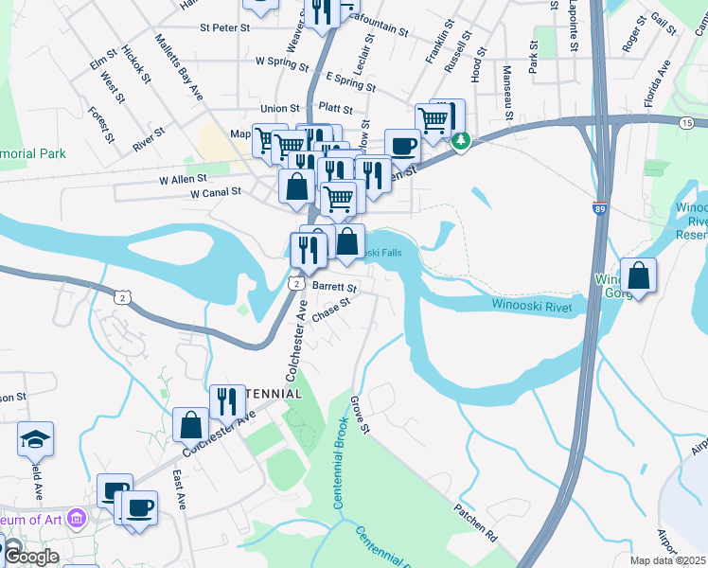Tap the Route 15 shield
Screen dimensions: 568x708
click(x=686, y=123)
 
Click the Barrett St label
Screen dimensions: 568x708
click(x=334, y=286)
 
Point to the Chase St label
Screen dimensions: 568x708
click(x=331, y=310)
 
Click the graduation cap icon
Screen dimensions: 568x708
click(x=35, y=439)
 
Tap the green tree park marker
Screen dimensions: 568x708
click(x=461, y=141)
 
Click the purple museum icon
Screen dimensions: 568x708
click(x=78, y=520)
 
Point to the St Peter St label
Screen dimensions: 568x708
click(x=224, y=28)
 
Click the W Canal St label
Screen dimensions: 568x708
click(x=216, y=192)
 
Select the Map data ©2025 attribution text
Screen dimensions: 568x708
click(x=667, y=560)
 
